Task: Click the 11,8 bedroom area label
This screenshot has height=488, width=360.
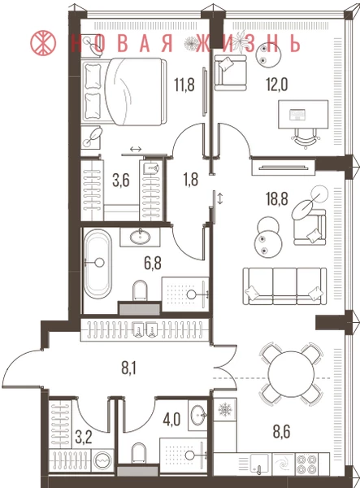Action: point(184,85)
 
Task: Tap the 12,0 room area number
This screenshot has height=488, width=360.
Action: point(276,84)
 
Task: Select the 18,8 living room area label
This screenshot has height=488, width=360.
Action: point(276,198)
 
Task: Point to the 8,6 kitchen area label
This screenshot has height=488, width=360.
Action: point(281,432)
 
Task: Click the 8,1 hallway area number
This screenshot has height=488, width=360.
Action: point(128,369)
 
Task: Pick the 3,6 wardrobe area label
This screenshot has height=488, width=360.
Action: point(121,181)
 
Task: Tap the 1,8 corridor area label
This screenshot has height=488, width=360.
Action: point(191,180)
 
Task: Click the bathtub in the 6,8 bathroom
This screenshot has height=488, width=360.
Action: point(98,264)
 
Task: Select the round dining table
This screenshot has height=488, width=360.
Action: point(291,373)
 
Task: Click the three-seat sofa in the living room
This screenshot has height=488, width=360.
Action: point(284,286)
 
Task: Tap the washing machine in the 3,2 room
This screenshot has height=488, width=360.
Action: point(102,460)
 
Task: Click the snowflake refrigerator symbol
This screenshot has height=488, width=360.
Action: point(224,410)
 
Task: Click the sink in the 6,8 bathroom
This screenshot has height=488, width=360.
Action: point(140,237)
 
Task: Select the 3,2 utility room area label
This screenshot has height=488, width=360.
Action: point(84,438)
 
